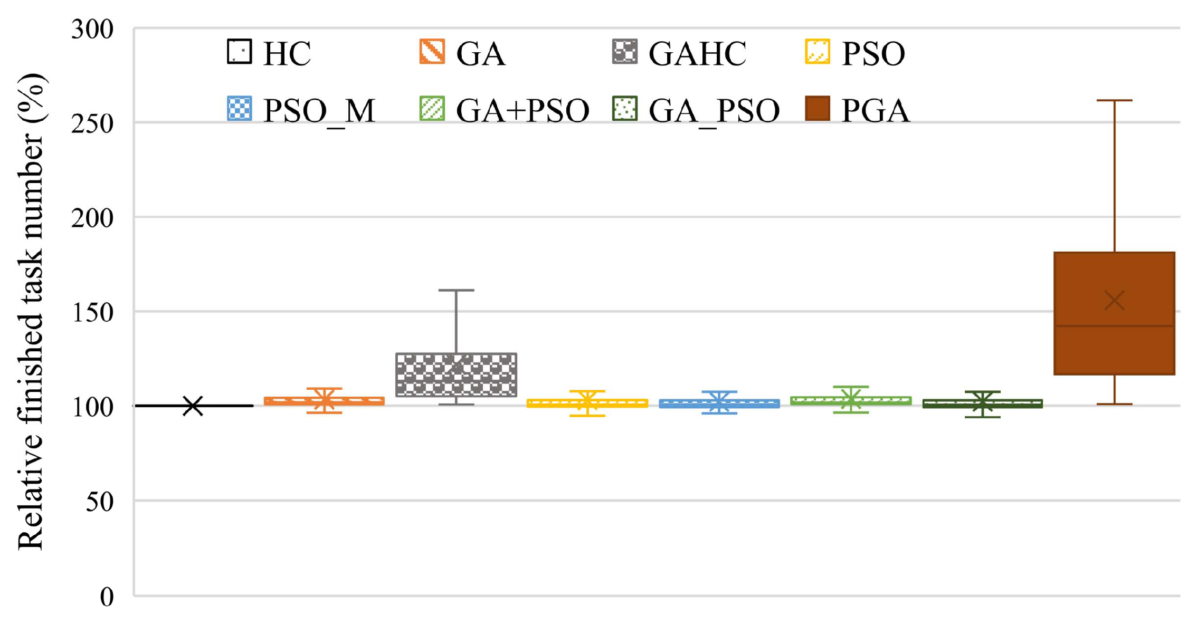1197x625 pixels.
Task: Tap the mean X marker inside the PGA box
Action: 1114,301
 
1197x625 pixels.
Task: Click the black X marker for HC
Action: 193,406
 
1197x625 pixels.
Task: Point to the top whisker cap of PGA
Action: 1114,100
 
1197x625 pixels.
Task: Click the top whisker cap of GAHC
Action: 456,290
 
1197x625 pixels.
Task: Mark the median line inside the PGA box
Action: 1114,326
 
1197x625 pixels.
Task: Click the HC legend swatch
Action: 239,52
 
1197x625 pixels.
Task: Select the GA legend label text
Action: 480,53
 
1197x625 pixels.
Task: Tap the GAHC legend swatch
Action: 625,52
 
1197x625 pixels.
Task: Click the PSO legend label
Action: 873,53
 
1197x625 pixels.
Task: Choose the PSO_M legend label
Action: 319,111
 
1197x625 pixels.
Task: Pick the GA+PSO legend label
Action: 522,111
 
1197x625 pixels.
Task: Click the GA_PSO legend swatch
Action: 625,109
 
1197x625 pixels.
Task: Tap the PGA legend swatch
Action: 818,109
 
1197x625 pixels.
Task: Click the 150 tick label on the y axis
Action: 92,312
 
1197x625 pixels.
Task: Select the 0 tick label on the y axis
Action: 107,597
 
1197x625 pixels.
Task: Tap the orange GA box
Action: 324,401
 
